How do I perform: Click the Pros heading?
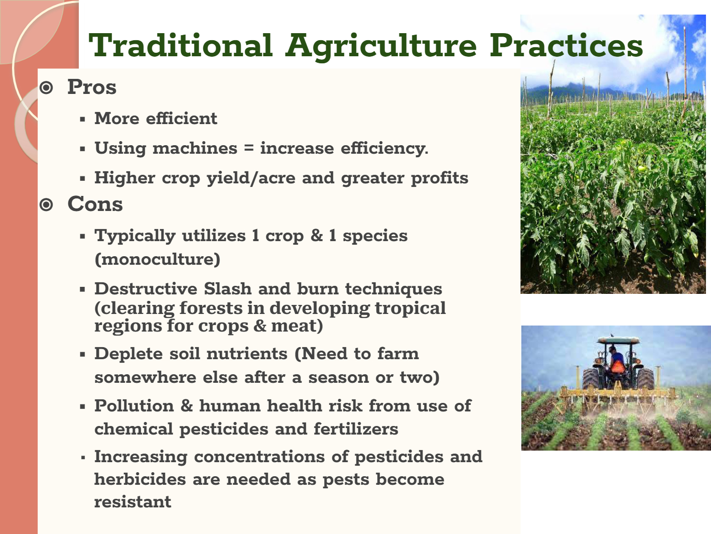pos(92,87)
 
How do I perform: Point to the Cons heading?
pos(95,204)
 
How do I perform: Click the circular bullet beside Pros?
pos(46,87)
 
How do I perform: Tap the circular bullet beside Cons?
pos(46,204)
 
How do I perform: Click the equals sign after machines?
pos(248,149)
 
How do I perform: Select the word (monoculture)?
pos(158,259)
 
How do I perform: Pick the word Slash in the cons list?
pos(227,288)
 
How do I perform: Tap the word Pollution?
pos(134,406)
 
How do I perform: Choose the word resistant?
pos(132,502)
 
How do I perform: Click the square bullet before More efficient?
pos(83,120)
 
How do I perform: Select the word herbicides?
pos(140,479)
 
